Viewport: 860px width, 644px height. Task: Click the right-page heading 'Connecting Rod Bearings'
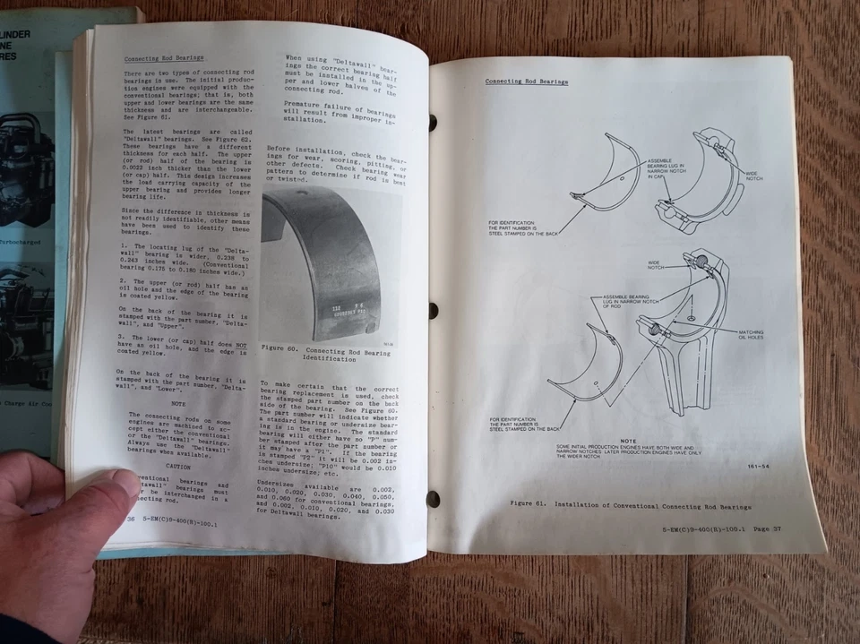pos(526,82)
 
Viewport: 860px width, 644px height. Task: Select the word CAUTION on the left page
pos(178,467)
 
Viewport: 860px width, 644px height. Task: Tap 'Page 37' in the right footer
pos(764,530)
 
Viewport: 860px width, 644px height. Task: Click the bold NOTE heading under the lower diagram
pos(627,440)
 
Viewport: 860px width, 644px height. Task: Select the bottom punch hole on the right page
pos(434,498)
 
